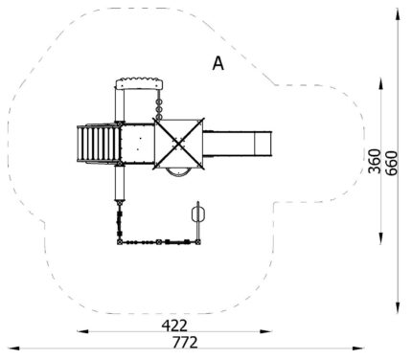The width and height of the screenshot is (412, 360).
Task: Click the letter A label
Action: [x=218, y=63]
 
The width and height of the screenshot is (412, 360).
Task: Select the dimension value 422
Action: [x=174, y=326]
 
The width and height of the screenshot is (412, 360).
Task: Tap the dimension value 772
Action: [x=185, y=343]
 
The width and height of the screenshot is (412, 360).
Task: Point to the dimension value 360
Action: [x=375, y=161]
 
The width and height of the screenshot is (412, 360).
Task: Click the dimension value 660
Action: [x=391, y=163]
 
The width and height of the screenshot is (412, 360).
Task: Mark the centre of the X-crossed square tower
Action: [x=179, y=144]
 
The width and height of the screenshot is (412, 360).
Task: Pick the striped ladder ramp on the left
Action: [x=98, y=144]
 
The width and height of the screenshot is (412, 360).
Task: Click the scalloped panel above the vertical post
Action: [x=139, y=83]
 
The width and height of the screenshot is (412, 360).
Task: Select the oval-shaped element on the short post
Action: [x=198, y=214]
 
